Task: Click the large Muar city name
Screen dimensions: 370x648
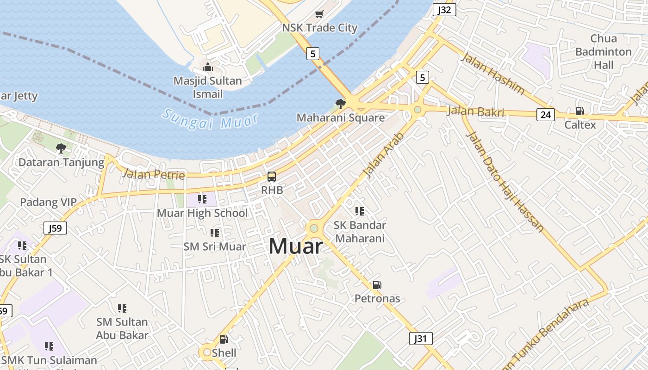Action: point(295,246)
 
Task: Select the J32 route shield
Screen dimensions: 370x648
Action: point(445,10)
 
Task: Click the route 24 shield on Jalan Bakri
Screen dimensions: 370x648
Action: point(546,114)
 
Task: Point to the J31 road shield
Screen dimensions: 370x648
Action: point(421,339)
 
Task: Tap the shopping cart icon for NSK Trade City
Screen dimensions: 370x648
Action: point(319,14)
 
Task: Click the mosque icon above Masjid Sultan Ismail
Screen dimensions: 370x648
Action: point(208,68)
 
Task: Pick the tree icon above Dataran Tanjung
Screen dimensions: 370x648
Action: point(61,148)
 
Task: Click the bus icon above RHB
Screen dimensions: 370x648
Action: point(272,177)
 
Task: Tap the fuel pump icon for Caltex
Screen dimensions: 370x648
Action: point(579,111)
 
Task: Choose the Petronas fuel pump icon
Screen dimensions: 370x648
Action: point(377,285)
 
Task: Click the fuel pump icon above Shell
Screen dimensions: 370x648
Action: point(224,339)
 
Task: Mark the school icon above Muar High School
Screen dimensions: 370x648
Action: point(202,199)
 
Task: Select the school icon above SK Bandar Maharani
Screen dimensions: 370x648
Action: point(360,211)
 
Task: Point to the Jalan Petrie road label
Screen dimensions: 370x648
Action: point(153,174)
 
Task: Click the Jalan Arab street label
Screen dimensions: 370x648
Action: point(384,155)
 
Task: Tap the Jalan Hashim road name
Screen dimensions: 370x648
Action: point(492,74)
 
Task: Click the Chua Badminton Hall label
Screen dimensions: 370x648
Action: point(604,52)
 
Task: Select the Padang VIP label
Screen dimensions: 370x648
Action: point(48,202)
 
